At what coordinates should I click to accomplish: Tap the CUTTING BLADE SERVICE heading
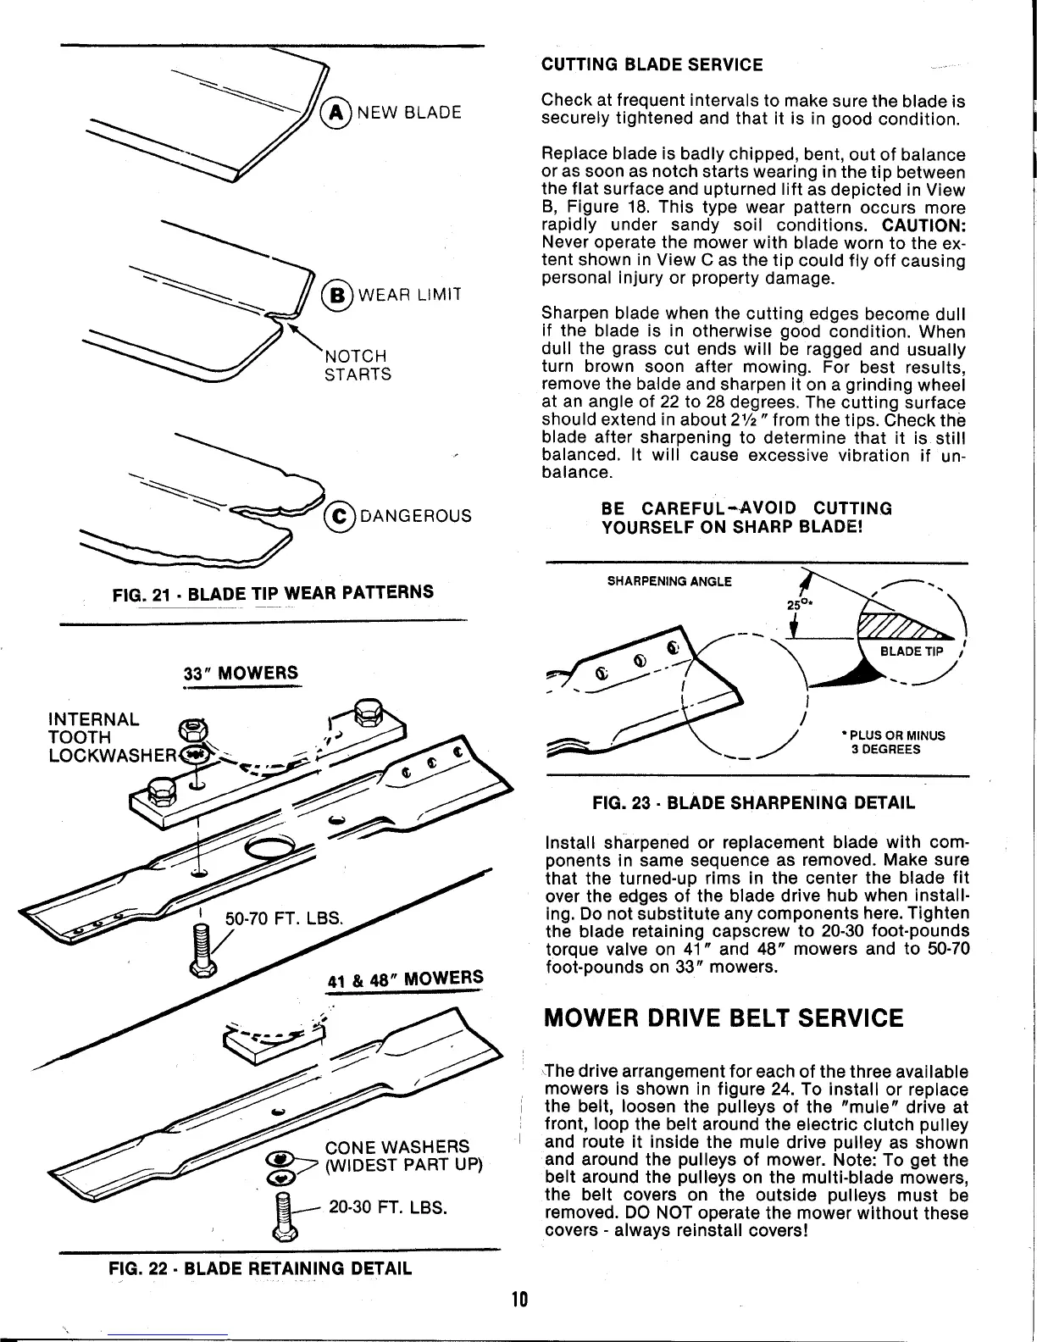[x=652, y=64]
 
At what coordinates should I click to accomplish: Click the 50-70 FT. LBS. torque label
[x=284, y=918]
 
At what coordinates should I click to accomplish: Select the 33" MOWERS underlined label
[x=241, y=674]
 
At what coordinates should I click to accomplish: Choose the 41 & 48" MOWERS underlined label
[x=404, y=979]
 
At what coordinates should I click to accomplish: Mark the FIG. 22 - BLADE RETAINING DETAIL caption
[x=260, y=1268]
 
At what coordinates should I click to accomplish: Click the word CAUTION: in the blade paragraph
[x=924, y=225]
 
